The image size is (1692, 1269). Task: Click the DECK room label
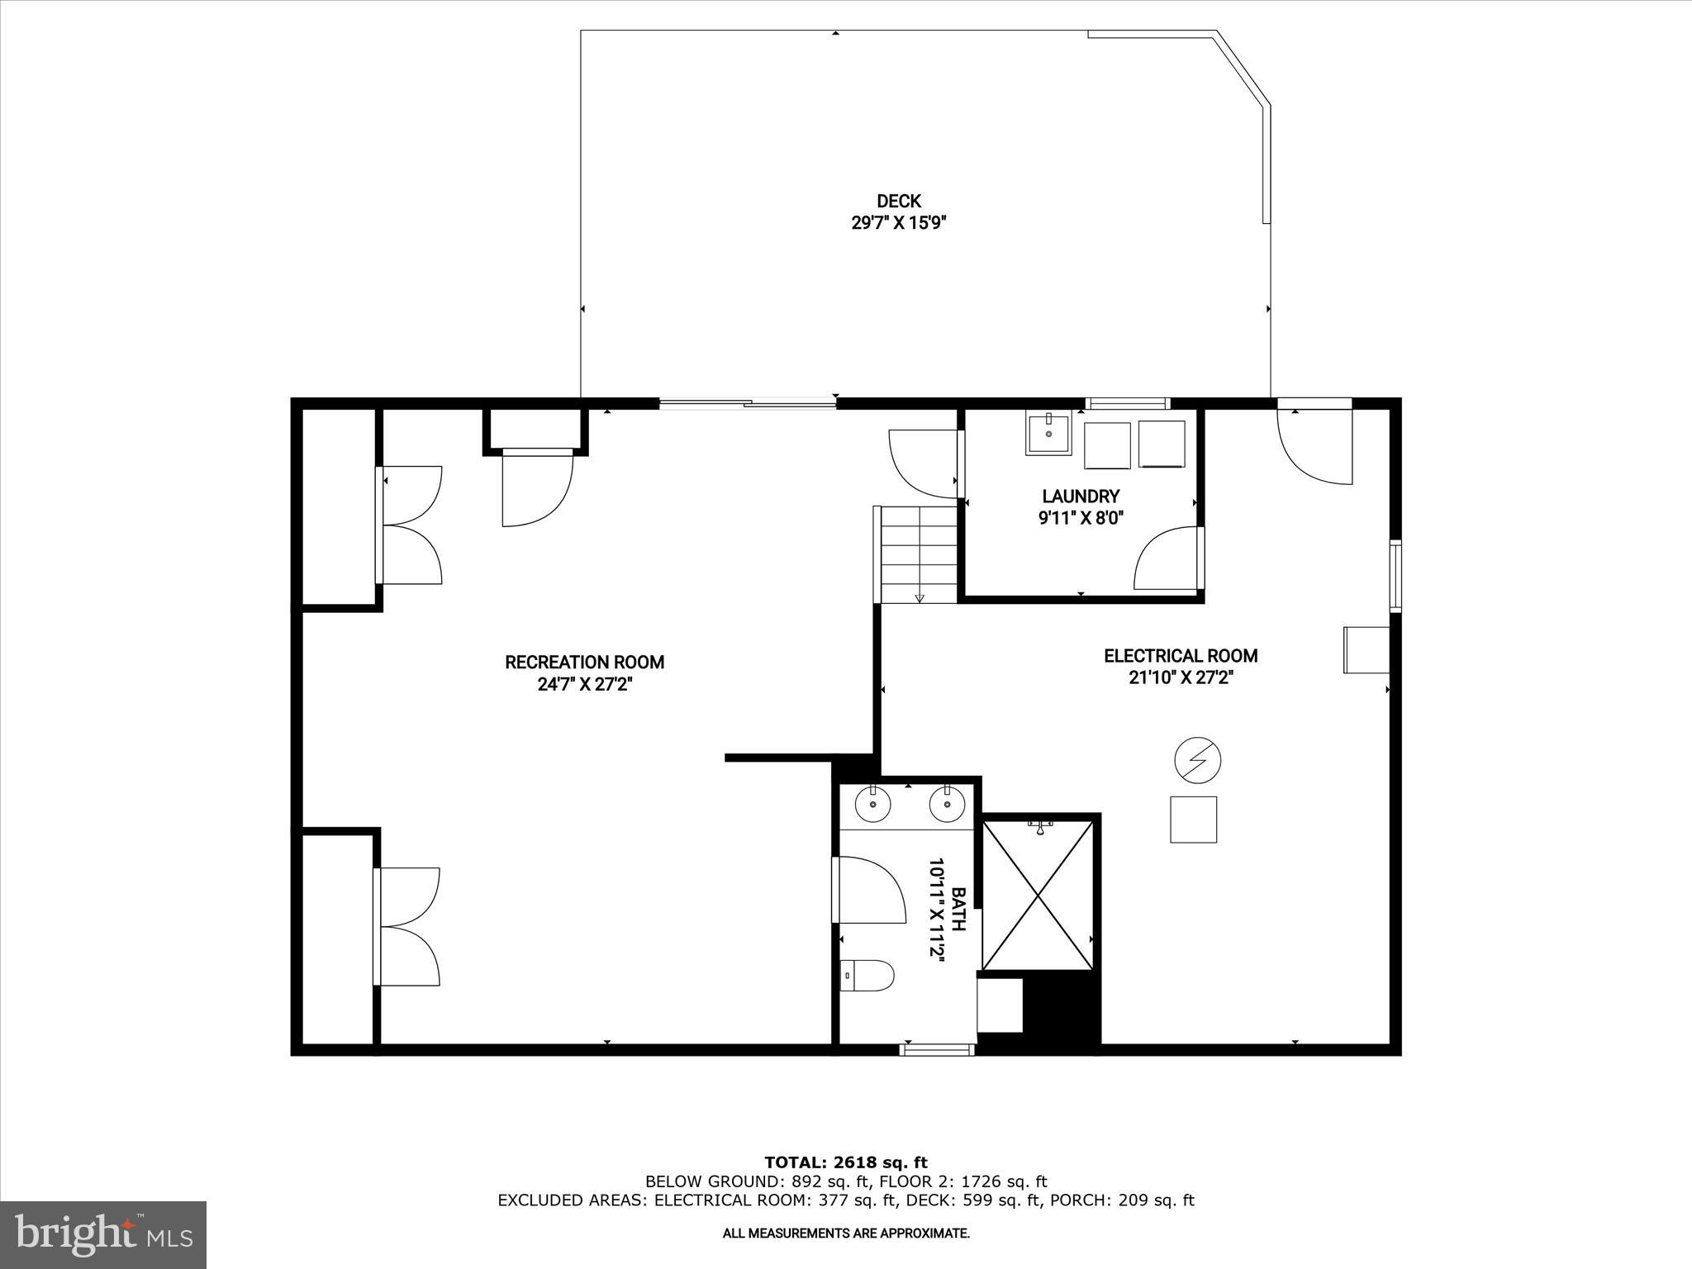(x=898, y=201)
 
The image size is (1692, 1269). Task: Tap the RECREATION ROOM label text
(x=584, y=662)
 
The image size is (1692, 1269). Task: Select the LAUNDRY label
(x=1081, y=497)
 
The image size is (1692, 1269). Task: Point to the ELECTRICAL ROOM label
(x=1181, y=656)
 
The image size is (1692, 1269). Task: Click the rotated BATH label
(x=958, y=909)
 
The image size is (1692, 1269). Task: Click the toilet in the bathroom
(x=867, y=976)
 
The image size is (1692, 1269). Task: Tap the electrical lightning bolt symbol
(x=1197, y=760)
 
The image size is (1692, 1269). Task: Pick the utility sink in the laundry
(x=1048, y=434)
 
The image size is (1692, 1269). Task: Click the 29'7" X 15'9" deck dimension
(x=898, y=223)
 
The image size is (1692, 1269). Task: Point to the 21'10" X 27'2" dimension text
(x=1181, y=678)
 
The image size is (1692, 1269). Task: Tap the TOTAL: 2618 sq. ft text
(x=846, y=1163)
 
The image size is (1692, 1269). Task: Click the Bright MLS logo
(x=103, y=1234)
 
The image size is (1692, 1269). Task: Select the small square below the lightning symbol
(x=1193, y=820)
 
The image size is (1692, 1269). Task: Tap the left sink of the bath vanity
(x=872, y=805)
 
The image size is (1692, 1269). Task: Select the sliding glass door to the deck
(x=748, y=403)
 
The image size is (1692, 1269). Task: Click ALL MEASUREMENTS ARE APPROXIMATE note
(x=846, y=1233)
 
